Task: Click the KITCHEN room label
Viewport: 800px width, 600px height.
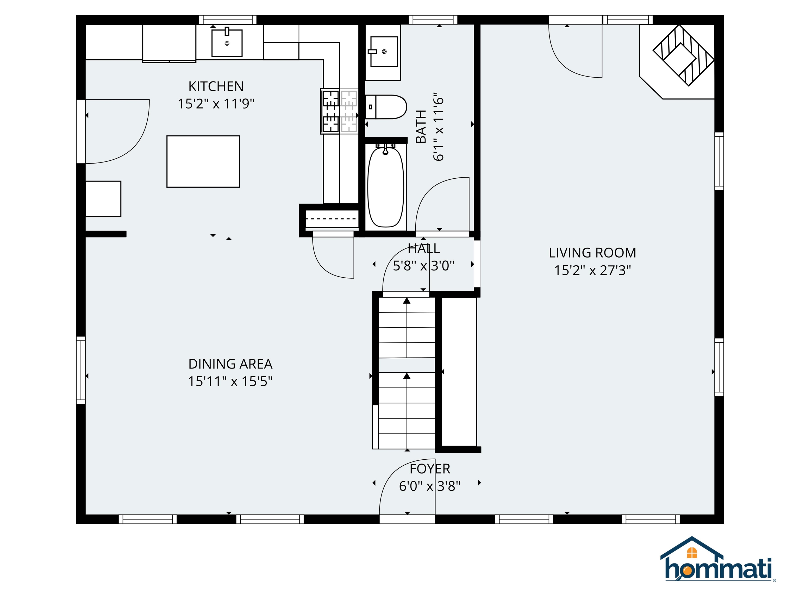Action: pyautogui.click(x=216, y=86)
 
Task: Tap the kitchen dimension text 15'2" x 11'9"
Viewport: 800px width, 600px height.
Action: pyautogui.click(x=216, y=104)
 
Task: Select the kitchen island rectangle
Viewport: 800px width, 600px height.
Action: pyautogui.click(x=203, y=161)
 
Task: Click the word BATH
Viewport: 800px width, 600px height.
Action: pyautogui.click(x=421, y=127)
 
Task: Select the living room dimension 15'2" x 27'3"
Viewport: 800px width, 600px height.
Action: pyautogui.click(x=592, y=270)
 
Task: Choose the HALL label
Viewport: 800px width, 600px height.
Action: pyautogui.click(x=423, y=248)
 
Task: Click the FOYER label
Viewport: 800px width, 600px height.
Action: pyautogui.click(x=430, y=469)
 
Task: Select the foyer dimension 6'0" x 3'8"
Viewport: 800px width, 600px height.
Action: pyautogui.click(x=430, y=486)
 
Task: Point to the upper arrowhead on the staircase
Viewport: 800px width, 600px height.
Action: pyautogui.click(x=407, y=301)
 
